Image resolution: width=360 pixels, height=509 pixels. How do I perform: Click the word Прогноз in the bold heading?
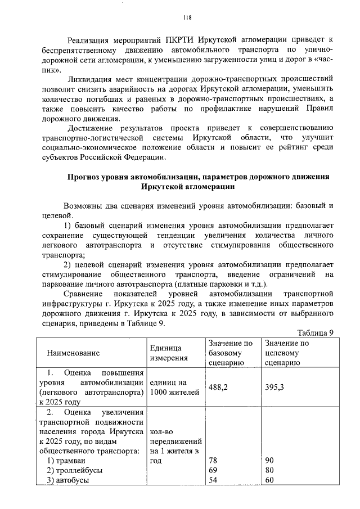pyautogui.click(x=84, y=177)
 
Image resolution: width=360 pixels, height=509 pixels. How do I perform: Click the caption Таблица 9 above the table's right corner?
pyautogui.click(x=316, y=333)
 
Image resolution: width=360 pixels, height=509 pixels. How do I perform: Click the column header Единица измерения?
pyautogui.click(x=166, y=353)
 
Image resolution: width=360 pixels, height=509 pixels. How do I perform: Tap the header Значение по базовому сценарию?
pyautogui.click(x=231, y=353)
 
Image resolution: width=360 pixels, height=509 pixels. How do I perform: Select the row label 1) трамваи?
pyautogui.click(x=66, y=461)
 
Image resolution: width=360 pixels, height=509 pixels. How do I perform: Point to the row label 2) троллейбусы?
pyautogui.click(x=75, y=470)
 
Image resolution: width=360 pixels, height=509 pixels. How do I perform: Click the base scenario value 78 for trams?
pyautogui.click(x=213, y=461)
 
